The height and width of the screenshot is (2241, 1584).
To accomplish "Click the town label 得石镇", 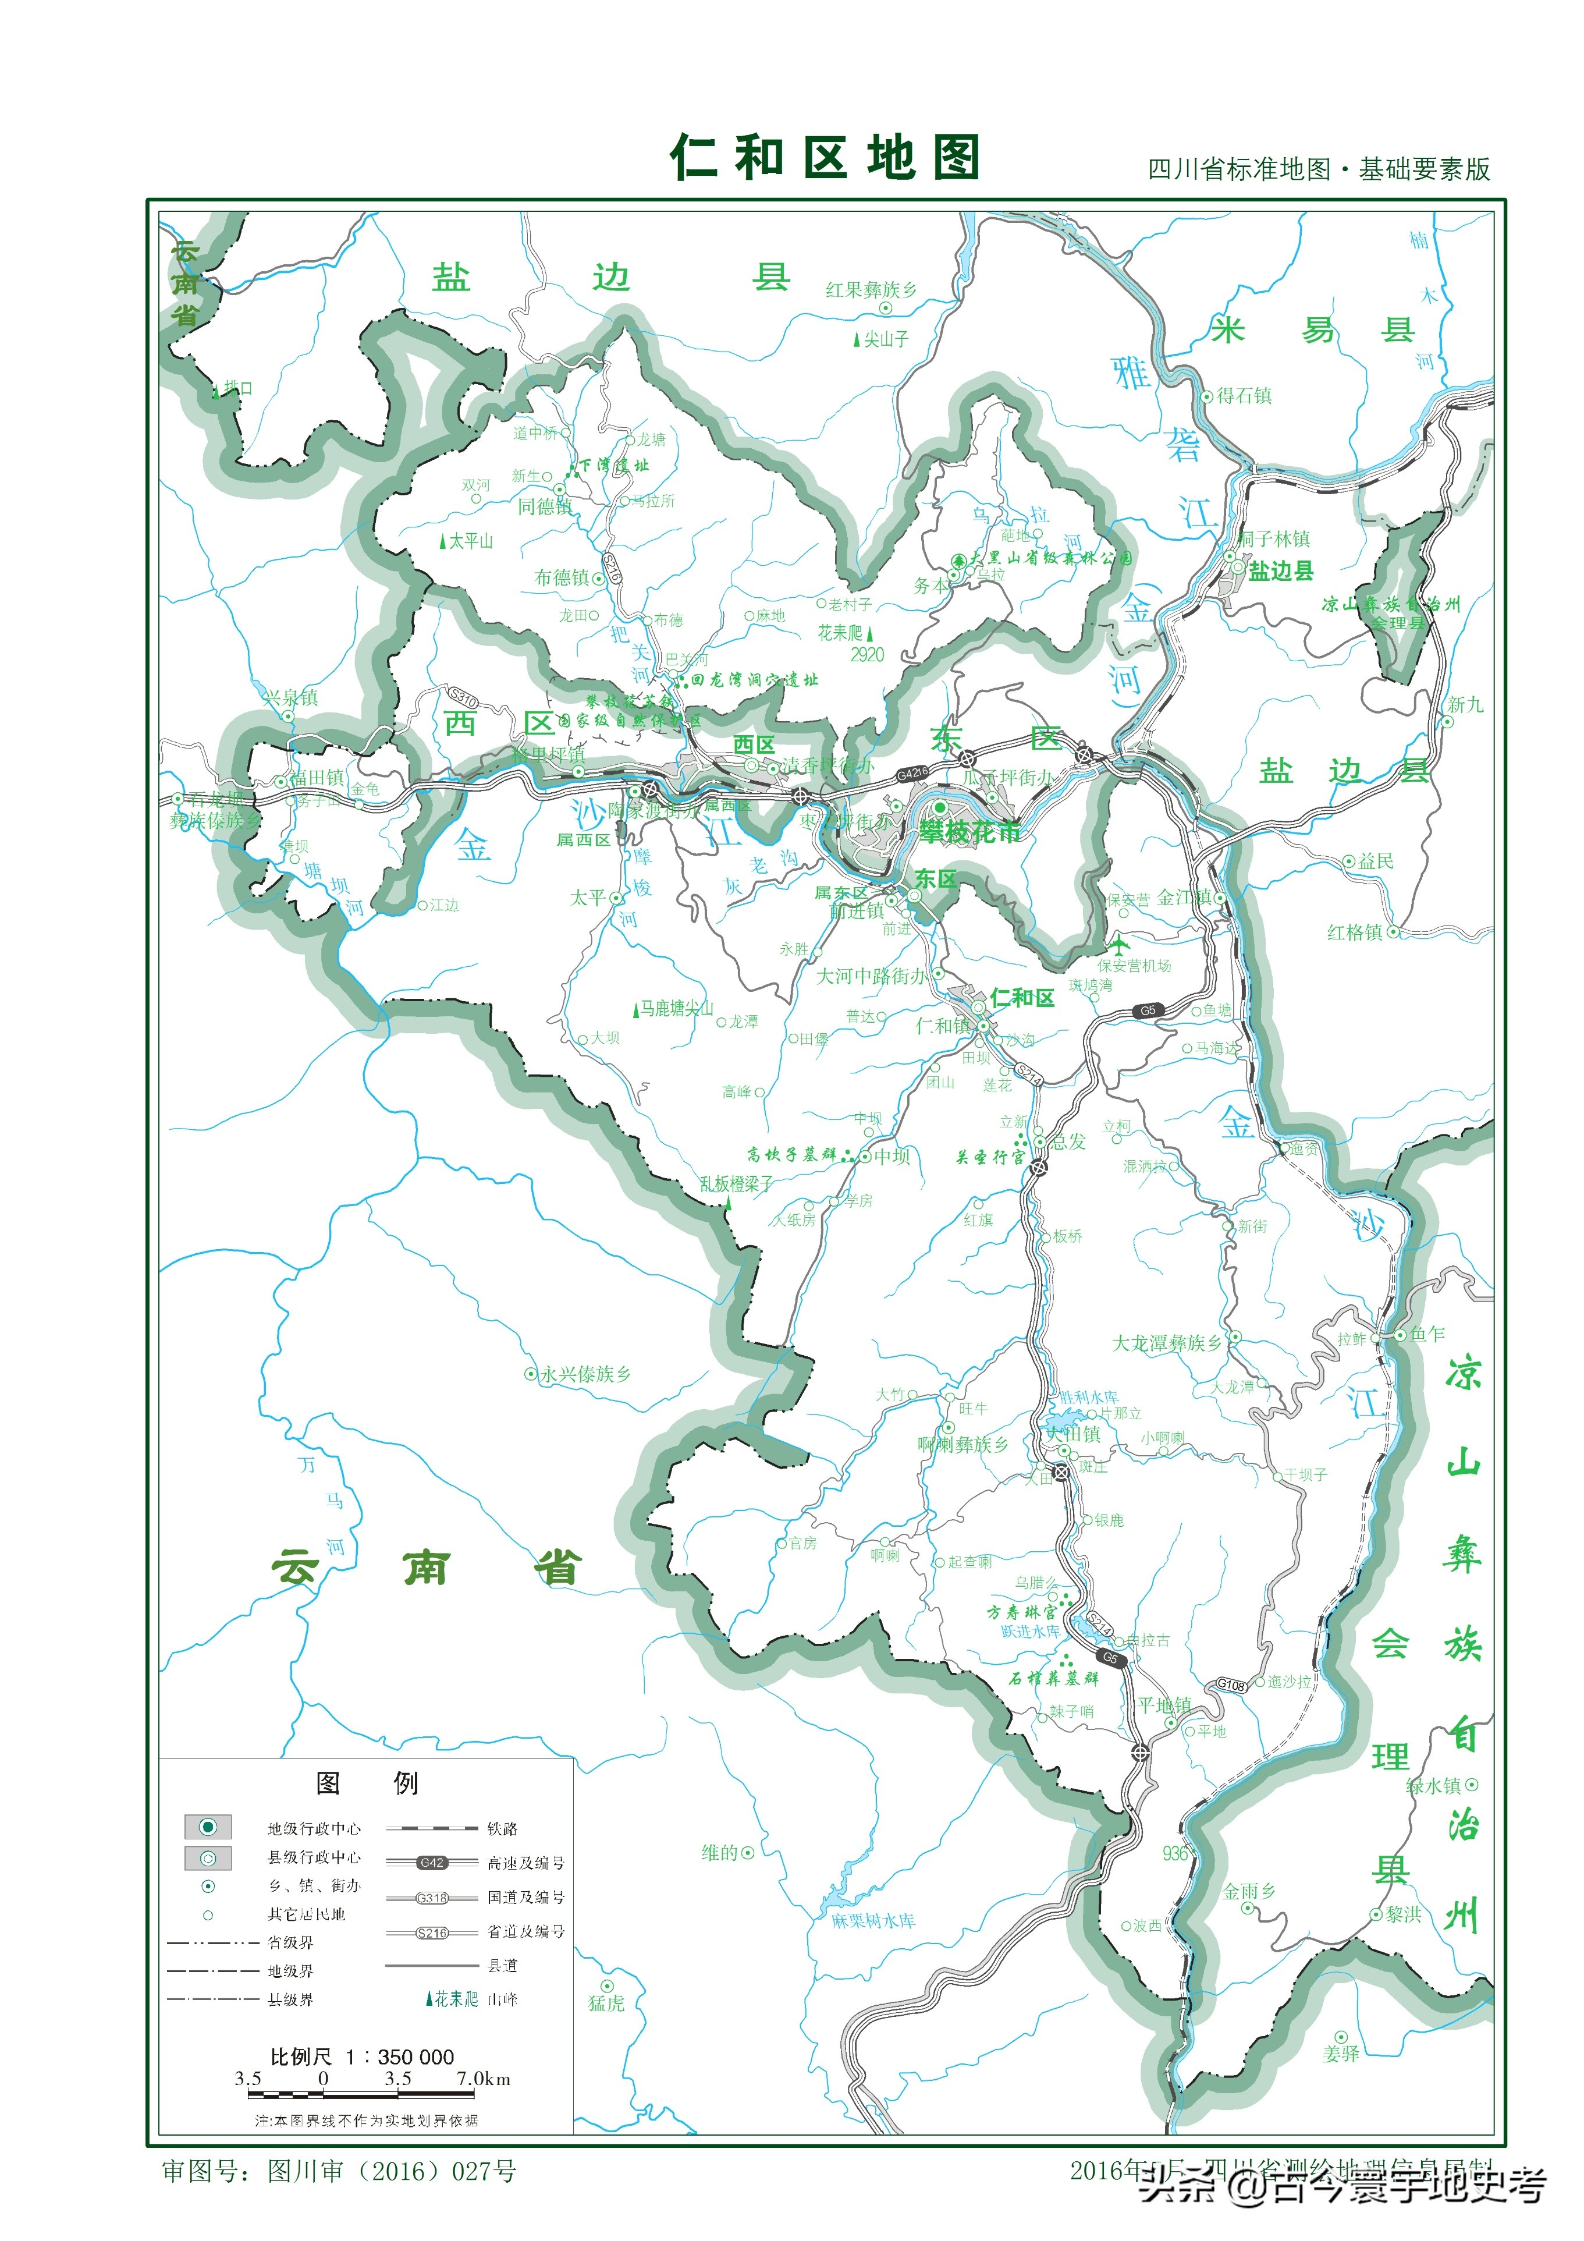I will (x=1244, y=395).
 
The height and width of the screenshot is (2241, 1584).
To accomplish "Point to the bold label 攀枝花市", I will (x=969, y=832).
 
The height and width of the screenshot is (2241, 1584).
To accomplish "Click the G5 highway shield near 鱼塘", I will (x=1148, y=1011).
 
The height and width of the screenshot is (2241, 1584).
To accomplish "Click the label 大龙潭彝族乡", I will (x=1166, y=1343).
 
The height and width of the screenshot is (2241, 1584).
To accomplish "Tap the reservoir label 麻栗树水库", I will (x=873, y=1921).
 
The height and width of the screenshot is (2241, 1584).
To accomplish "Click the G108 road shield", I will (x=1231, y=1685).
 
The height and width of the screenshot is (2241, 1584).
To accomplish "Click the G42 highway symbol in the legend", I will (x=431, y=1862).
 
